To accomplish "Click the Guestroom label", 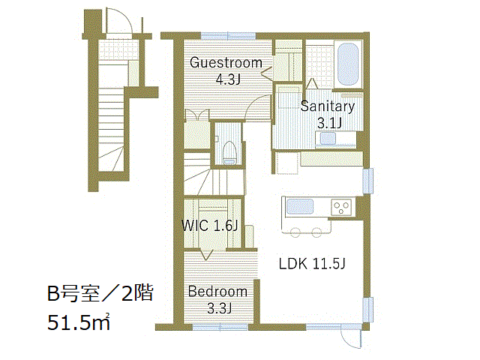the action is [x=226, y=63].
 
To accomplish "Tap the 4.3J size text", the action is [x=228, y=80].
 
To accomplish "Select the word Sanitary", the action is [x=327, y=106].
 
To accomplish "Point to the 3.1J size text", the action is [x=329, y=123].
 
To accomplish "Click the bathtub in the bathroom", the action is [x=348, y=64].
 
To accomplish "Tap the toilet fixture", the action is [x=229, y=153].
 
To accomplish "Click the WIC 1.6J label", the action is [x=210, y=226].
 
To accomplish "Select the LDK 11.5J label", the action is [x=312, y=263].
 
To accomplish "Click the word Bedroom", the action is [x=217, y=292].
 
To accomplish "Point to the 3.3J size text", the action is [x=219, y=308].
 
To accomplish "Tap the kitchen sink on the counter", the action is [x=300, y=207].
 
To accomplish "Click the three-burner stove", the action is [x=341, y=207].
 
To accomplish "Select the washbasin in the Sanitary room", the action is [x=328, y=138].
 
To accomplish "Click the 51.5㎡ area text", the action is [x=79, y=322].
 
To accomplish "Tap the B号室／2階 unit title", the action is [x=100, y=293].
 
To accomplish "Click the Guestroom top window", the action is [x=228, y=36].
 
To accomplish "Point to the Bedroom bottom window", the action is [x=220, y=327].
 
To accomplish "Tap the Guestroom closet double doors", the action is [x=196, y=115].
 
